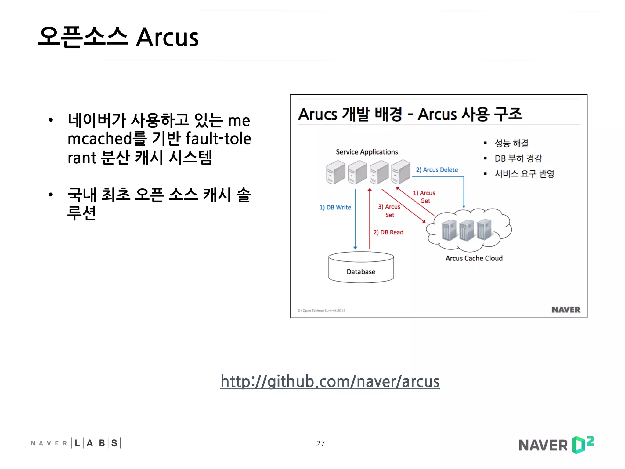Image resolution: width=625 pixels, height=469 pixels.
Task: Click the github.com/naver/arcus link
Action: coord(330,381)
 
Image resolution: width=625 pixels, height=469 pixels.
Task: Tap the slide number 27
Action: coord(320,443)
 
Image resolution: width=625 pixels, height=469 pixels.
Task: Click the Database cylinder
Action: coord(361,268)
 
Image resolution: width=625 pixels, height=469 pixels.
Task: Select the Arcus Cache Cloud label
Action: coord(474,258)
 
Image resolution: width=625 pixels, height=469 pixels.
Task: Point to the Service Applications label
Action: coord(367,152)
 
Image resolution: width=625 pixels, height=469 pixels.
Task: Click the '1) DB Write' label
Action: coord(335,207)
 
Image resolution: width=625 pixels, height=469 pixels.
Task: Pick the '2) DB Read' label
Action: coord(388,232)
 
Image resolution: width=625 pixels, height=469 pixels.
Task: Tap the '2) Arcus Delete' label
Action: coord(437,170)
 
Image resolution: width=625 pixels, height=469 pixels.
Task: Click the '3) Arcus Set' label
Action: coord(389,211)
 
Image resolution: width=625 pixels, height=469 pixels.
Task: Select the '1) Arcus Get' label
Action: coord(424,197)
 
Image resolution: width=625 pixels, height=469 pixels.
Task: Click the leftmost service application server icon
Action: coord(335,173)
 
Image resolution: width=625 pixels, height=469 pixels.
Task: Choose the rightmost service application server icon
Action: coord(401,172)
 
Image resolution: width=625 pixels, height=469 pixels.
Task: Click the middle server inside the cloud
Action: coord(466,230)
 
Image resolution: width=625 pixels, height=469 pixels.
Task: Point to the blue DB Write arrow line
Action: coord(355,220)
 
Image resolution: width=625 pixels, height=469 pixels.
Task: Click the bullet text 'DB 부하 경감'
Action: coord(518,158)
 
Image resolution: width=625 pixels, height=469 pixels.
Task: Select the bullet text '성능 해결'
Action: coord(511,143)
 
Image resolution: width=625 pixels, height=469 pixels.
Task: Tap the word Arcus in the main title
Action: coord(167,38)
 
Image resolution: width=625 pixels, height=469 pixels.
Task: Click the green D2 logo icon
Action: coord(583,445)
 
